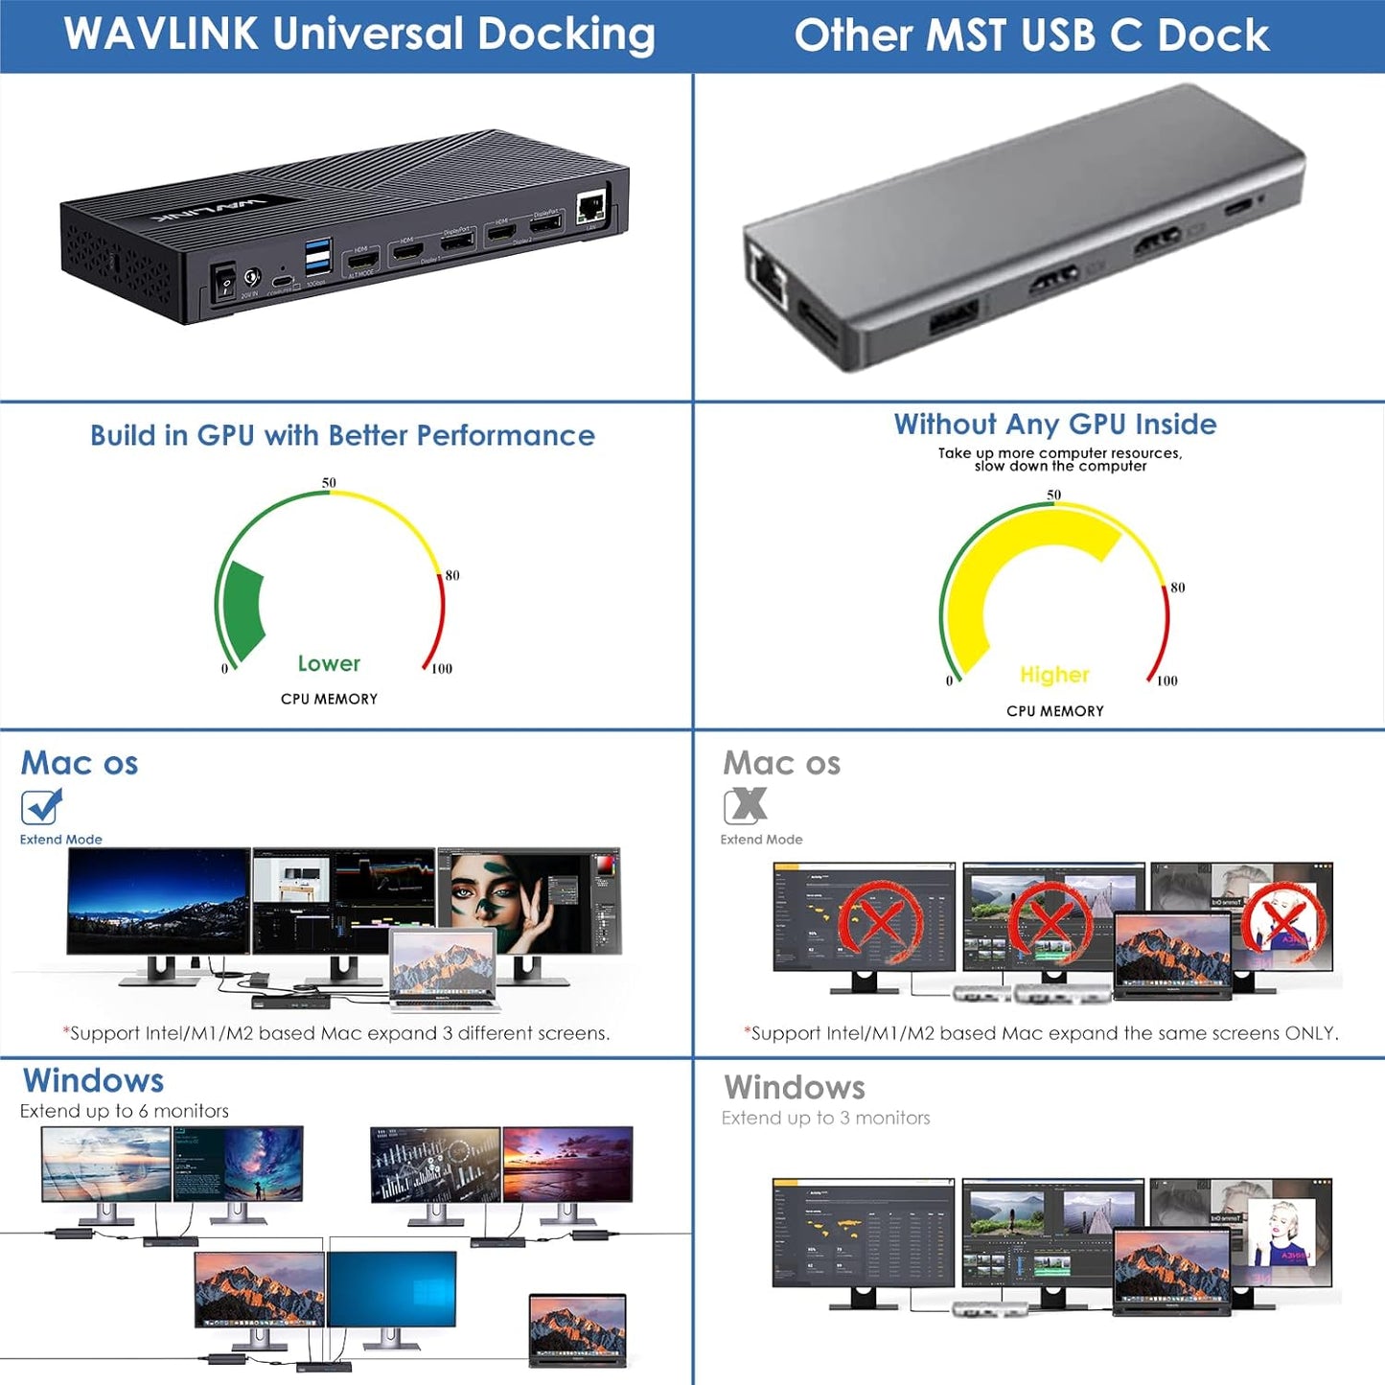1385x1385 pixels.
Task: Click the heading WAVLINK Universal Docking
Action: point(359,35)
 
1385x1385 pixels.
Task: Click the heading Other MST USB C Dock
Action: point(1031,35)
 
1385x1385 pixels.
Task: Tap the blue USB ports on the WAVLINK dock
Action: point(318,260)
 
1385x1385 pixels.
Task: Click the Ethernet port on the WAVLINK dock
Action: point(590,207)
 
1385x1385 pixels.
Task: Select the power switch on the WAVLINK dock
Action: point(224,284)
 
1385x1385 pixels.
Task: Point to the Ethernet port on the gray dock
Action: point(767,274)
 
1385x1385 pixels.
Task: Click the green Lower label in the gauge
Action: point(329,663)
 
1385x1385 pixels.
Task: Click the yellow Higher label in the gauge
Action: point(1054,675)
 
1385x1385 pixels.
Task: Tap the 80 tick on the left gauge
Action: point(451,575)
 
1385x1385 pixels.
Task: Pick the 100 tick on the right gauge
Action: point(1166,681)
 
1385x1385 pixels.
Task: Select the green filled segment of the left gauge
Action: point(243,610)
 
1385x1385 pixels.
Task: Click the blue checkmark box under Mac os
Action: point(41,806)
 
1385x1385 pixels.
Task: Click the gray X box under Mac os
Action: point(745,806)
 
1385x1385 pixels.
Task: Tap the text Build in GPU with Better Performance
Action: point(342,435)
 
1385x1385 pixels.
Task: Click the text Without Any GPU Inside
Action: point(1055,424)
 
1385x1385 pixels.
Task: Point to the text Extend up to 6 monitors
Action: point(125,1111)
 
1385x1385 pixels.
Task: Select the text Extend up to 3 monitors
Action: point(825,1118)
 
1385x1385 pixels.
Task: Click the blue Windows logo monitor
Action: point(392,1289)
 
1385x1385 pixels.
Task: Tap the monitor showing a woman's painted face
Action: point(528,900)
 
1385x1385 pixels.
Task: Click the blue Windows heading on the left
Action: point(93,1080)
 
